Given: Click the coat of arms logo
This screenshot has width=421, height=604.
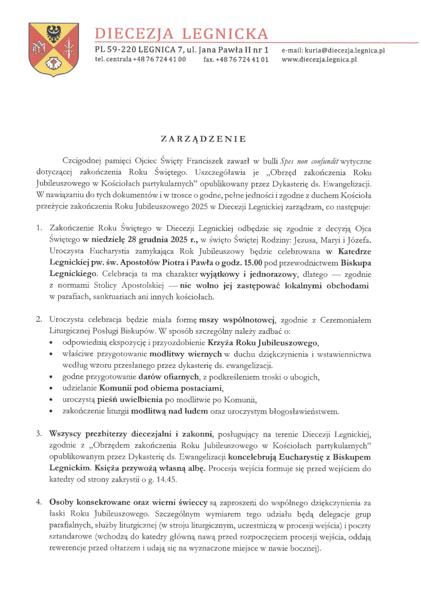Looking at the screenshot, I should coord(53,50).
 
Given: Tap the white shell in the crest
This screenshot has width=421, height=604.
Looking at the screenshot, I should coord(54,64).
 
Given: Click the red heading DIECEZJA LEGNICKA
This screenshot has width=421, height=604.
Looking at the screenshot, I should coord(181,34).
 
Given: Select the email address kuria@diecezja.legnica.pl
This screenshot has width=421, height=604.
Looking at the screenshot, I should coord(345,50).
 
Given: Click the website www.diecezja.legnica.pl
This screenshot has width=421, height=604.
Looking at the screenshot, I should coord(319,60).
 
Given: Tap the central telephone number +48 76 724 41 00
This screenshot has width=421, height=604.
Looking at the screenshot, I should coord(159,59).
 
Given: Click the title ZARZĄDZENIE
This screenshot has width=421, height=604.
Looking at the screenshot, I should coord(203,139).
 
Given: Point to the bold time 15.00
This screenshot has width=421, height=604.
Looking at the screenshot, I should coord(253,263).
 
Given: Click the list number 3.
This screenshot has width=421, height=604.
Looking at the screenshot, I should coord(39,433).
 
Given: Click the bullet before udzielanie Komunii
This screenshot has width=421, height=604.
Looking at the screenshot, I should coord(51,389).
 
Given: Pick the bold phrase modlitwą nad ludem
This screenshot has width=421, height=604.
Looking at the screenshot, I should coord(169,411).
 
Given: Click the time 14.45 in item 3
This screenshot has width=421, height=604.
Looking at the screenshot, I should coord(166,480).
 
